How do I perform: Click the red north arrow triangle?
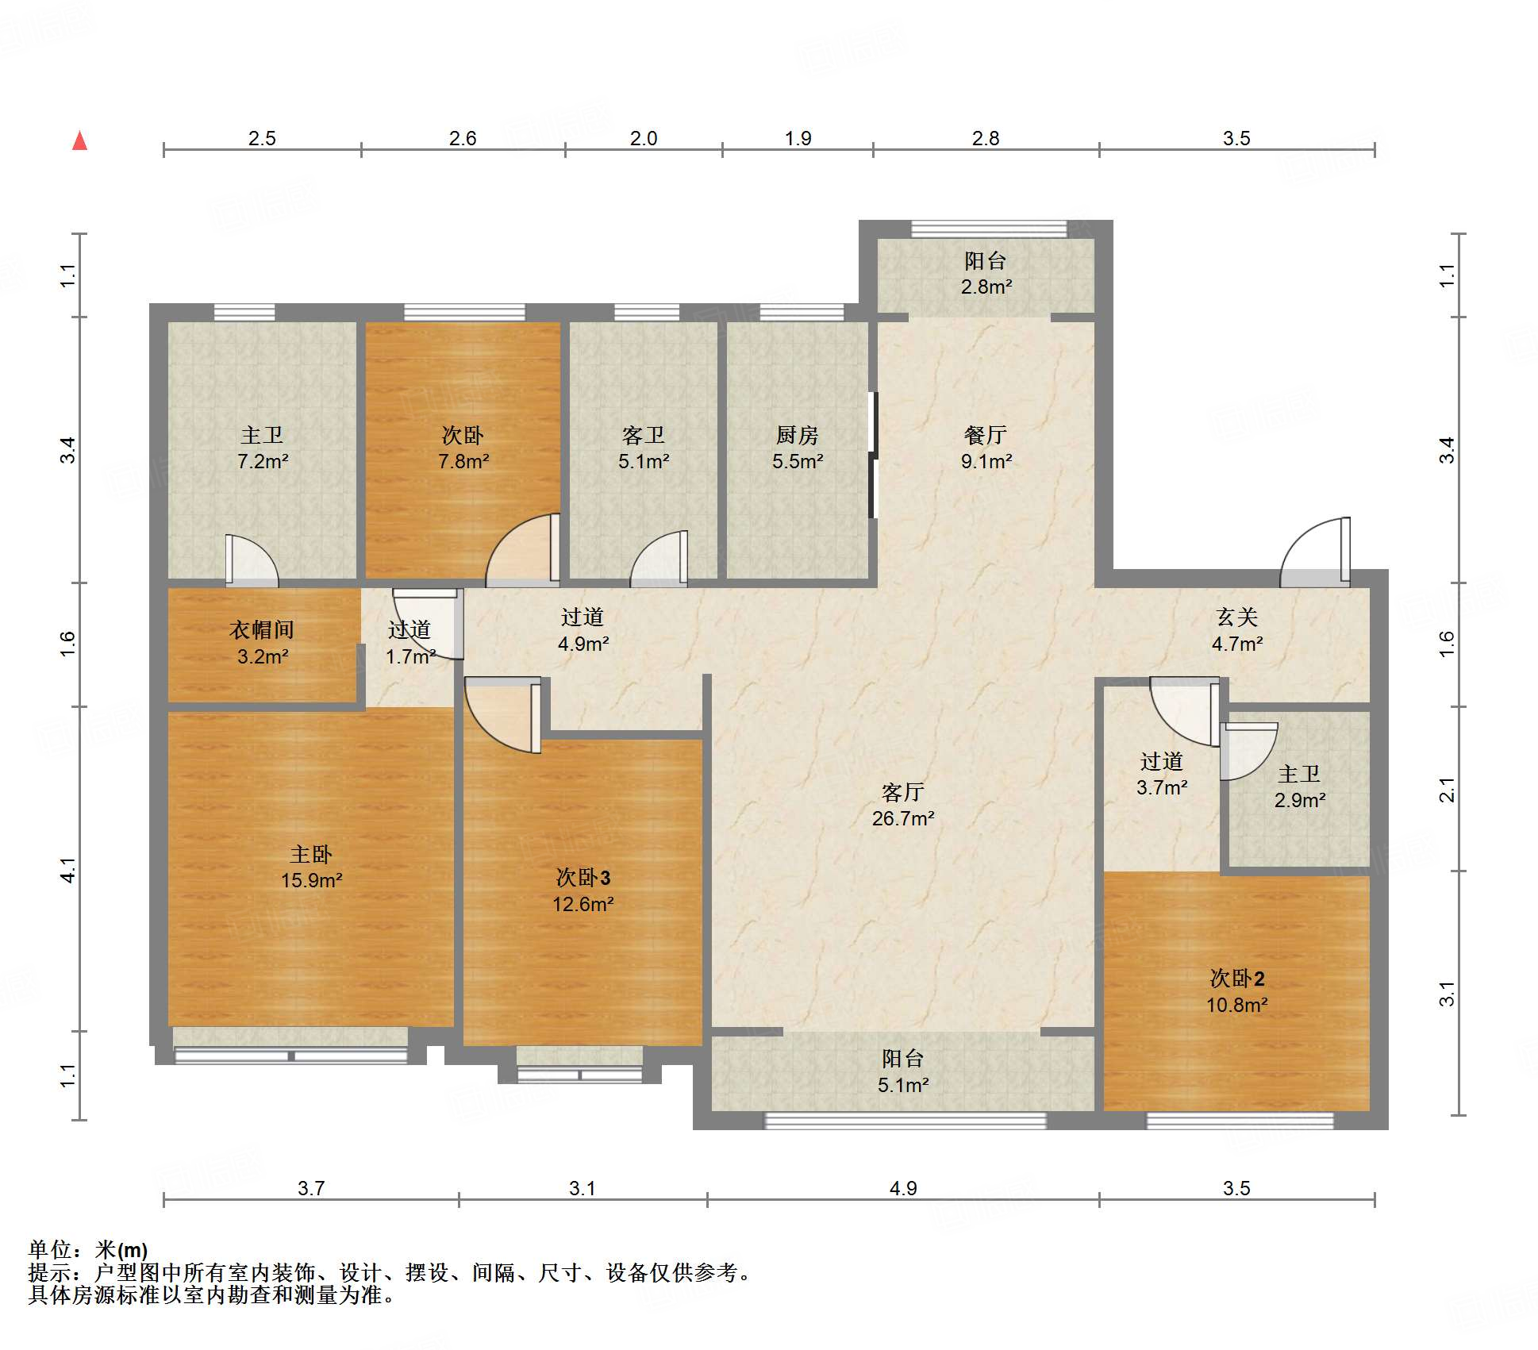(79, 140)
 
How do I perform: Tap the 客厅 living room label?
(902, 792)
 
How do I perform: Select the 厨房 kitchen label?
(797, 435)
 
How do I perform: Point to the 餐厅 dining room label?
(986, 435)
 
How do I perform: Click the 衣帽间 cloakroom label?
(262, 630)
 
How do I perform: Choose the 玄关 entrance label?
(1236, 617)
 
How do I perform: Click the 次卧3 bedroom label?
(583, 877)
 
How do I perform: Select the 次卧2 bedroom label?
(1236, 978)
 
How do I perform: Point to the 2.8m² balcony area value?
(986, 287)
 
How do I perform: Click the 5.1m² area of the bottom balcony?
(902, 1085)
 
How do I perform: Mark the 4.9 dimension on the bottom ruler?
(902, 1188)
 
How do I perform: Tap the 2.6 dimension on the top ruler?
(463, 138)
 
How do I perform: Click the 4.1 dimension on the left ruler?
(69, 870)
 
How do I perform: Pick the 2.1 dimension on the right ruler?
(1447, 790)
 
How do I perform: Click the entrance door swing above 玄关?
(1315, 552)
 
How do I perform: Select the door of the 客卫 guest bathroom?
(659, 559)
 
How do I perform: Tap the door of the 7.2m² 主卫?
(252, 561)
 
